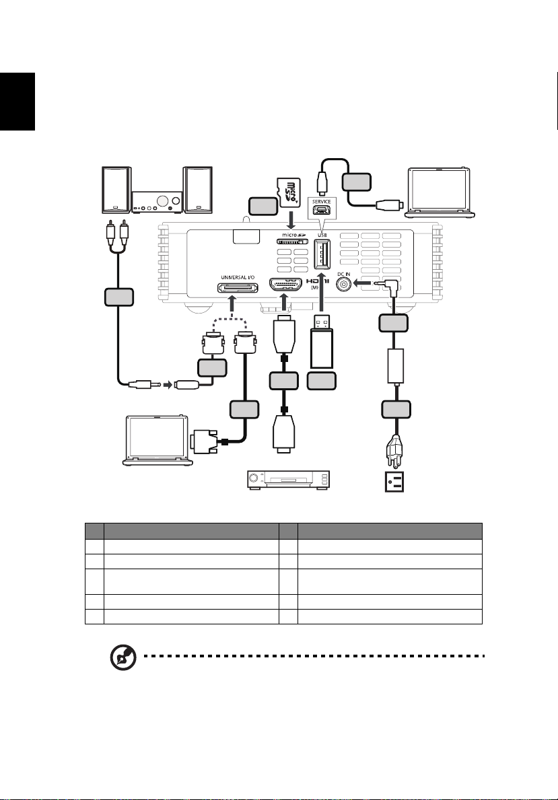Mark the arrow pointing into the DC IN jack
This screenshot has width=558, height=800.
coord(368,285)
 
